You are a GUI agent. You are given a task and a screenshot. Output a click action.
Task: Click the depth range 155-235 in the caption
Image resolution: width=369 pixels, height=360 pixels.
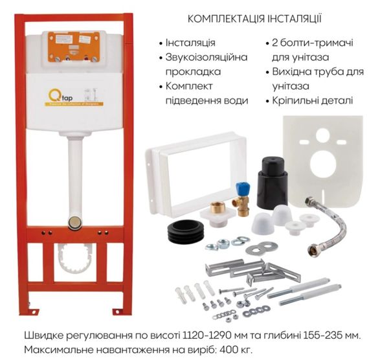(315, 335)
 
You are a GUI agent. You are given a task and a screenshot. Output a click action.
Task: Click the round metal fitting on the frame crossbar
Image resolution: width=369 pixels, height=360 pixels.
(75, 223)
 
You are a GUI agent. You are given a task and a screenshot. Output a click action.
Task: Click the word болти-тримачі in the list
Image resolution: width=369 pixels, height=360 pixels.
(315, 43)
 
